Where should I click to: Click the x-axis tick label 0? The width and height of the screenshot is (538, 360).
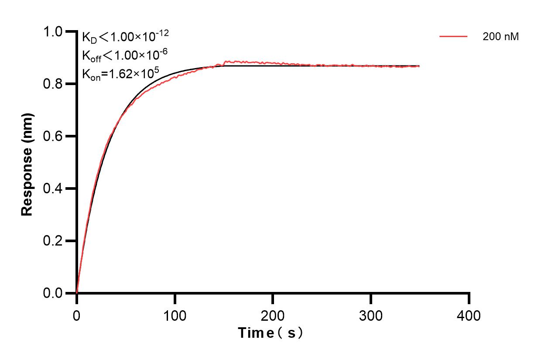(77, 315)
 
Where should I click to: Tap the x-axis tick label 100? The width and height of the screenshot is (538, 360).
(175, 315)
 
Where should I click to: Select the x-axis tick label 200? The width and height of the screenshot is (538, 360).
(273, 315)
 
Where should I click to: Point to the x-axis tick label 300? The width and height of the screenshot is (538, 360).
(371, 315)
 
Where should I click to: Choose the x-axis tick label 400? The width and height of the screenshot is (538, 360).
(469, 315)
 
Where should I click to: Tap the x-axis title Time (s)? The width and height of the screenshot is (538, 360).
(271, 333)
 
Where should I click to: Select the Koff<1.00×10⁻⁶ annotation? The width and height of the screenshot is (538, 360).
(123, 55)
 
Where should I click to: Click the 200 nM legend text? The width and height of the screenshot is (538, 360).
(500, 37)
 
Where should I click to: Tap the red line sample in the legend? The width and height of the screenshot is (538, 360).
(453, 37)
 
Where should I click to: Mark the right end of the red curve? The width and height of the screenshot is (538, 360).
(419, 66)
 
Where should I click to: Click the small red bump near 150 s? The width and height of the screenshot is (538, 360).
(226, 62)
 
